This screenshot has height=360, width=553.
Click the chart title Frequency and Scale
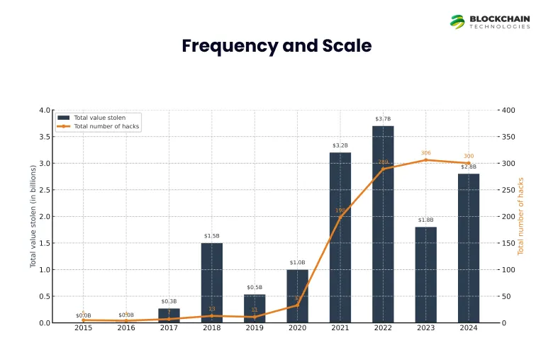(x=276, y=47)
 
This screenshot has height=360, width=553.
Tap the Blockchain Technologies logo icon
(x=457, y=22)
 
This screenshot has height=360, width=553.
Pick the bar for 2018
(x=211, y=283)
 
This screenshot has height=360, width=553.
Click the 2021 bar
(x=340, y=237)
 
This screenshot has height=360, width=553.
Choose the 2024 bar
(x=469, y=248)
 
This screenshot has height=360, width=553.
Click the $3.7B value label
(x=382, y=119)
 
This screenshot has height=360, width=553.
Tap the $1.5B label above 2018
(x=211, y=236)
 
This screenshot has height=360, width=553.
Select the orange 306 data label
(x=426, y=153)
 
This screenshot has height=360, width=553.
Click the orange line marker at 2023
(x=426, y=160)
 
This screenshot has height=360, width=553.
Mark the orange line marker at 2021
(x=340, y=217)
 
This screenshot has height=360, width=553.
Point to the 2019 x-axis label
(x=255, y=328)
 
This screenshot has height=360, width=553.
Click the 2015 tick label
(x=84, y=328)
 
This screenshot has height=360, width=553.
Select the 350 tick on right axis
(x=508, y=137)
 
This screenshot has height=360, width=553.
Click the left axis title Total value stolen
(x=33, y=216)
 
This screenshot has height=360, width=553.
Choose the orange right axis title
(x=521, y=216)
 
